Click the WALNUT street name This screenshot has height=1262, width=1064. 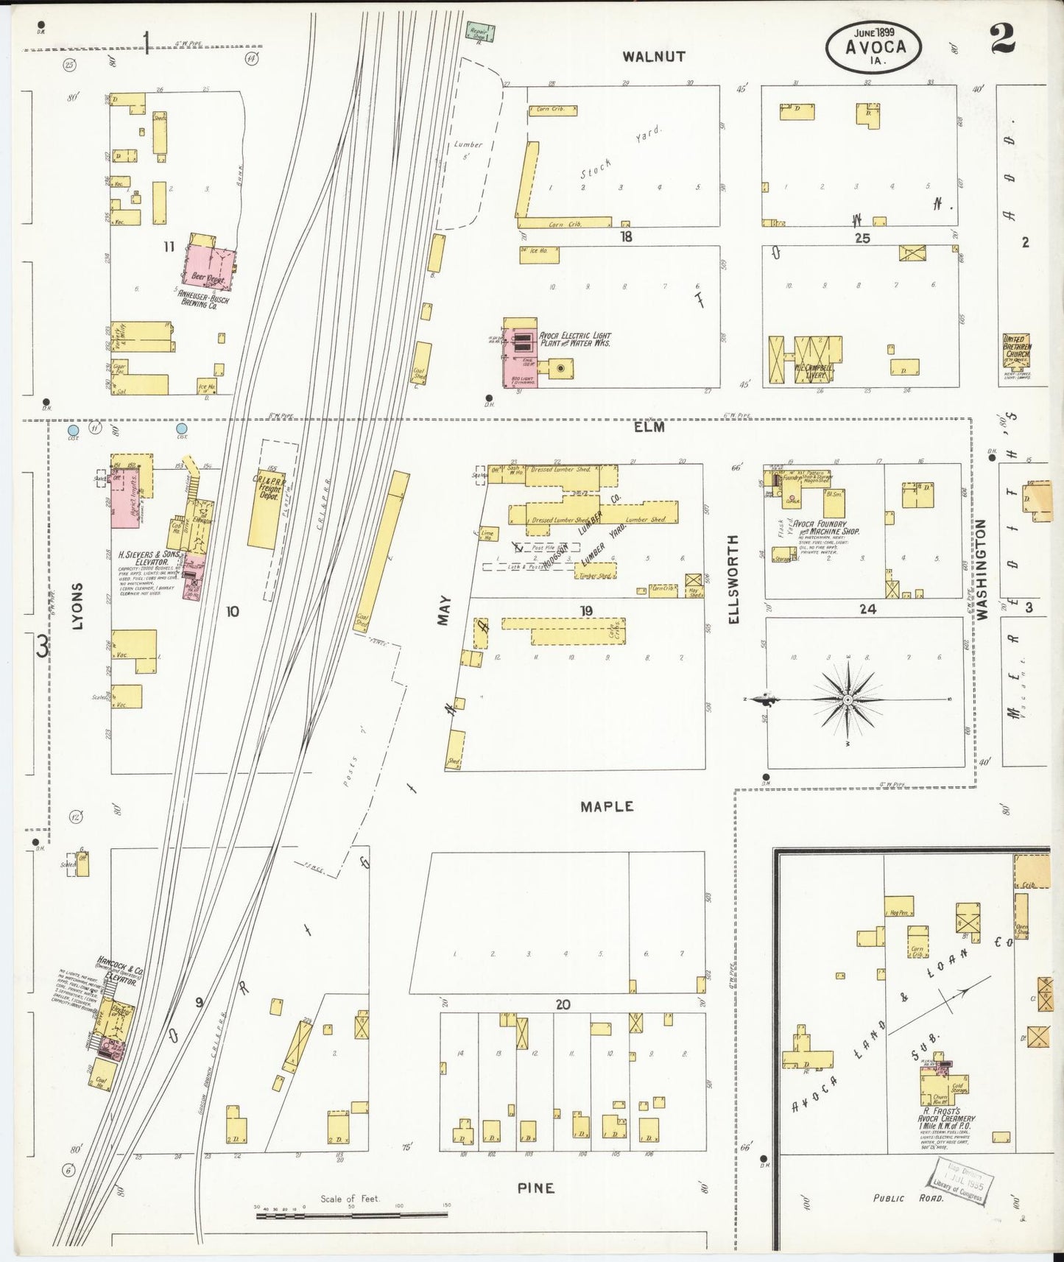tap(653, 56)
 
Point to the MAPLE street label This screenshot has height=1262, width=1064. tap(607, 806)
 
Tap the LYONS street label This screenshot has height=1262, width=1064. tap(78, 606)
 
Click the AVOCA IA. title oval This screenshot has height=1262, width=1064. tap(875, 46)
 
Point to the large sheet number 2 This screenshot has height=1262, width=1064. tap(1003, 38)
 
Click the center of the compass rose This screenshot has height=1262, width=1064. tap(848, 698)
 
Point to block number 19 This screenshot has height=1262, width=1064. tap(586, 610)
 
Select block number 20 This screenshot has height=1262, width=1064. tap(563, 1004)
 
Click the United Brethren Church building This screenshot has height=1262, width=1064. tap(1017, 353)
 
